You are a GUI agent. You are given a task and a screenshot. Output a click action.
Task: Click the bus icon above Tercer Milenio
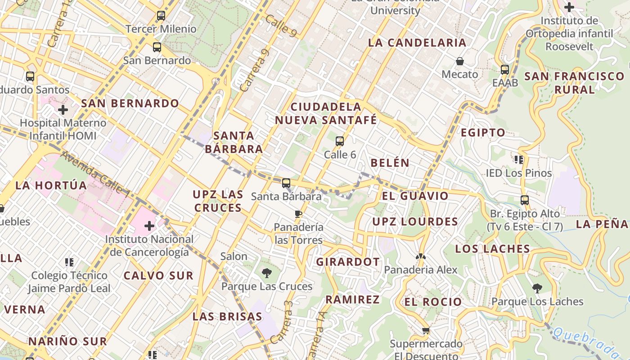[x=161, y=16]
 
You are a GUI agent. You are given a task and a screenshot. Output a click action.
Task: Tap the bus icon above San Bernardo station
[x=157, y=47]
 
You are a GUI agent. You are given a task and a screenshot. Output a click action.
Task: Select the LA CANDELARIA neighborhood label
[x=417, y=43]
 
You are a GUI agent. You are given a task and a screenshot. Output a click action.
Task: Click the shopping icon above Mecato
[x=459, y=61]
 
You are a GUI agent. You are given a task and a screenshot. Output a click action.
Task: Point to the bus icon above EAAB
[x=505, y=69]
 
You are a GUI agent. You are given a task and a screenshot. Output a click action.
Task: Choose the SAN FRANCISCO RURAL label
[x=574, y=83]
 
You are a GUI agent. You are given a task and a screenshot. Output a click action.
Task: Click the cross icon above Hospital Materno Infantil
[x=63, y=109]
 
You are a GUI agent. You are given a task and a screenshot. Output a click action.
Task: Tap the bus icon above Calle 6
[x=340, y=141]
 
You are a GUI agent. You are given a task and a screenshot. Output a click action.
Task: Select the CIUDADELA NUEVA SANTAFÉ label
[x=326, y=113]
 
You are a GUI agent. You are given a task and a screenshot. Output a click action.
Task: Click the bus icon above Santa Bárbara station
[x=286, y=183]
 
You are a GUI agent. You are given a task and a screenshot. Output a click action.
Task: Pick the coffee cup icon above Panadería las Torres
[x=298, y=214]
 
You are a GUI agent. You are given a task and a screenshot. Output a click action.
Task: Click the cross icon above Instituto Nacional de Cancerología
[x=149, y=225]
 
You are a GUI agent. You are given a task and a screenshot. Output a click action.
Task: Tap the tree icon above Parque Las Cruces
[x=266, y=273]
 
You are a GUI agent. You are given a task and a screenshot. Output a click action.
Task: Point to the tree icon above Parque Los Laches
[x=537, y=288]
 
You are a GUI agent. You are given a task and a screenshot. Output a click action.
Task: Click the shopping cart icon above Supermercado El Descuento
[x=426, y=331]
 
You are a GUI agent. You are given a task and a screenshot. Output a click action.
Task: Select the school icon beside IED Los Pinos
[x=519, y=159]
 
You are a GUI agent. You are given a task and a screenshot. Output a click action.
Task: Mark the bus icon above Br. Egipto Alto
[x=525, y=200]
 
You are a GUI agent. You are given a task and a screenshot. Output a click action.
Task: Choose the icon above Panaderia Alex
[x=420, y=256]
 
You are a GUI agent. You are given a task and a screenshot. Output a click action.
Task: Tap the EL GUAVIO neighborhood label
[x=415, y=196]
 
